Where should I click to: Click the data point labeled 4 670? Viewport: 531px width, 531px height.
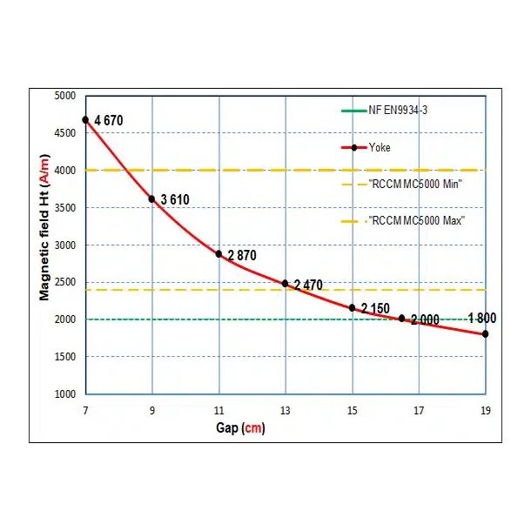point(85,119)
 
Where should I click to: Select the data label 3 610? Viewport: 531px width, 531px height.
point(174,200)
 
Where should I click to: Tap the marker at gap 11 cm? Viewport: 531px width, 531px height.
point(218,253)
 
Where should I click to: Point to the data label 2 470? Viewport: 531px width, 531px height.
point(309,285)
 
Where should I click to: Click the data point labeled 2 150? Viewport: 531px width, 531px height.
point(352,307)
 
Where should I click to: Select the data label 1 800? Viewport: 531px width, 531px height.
point(482,318)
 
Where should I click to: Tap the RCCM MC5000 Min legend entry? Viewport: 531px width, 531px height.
point(414,184)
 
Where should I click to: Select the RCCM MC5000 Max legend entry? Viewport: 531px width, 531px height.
point(416,220)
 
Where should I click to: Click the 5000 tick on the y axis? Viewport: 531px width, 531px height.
point(64,96)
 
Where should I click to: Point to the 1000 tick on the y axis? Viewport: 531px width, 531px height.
point(64,393)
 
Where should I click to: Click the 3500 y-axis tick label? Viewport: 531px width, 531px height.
point(64,207)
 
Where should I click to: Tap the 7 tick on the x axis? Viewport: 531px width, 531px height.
point(85,409)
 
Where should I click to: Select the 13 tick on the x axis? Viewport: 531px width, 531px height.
point(286,409)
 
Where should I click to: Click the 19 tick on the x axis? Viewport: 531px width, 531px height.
point(485,409)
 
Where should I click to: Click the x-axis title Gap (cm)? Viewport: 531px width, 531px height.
point(240,427)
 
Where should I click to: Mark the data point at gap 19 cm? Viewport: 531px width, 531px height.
point(485,334)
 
